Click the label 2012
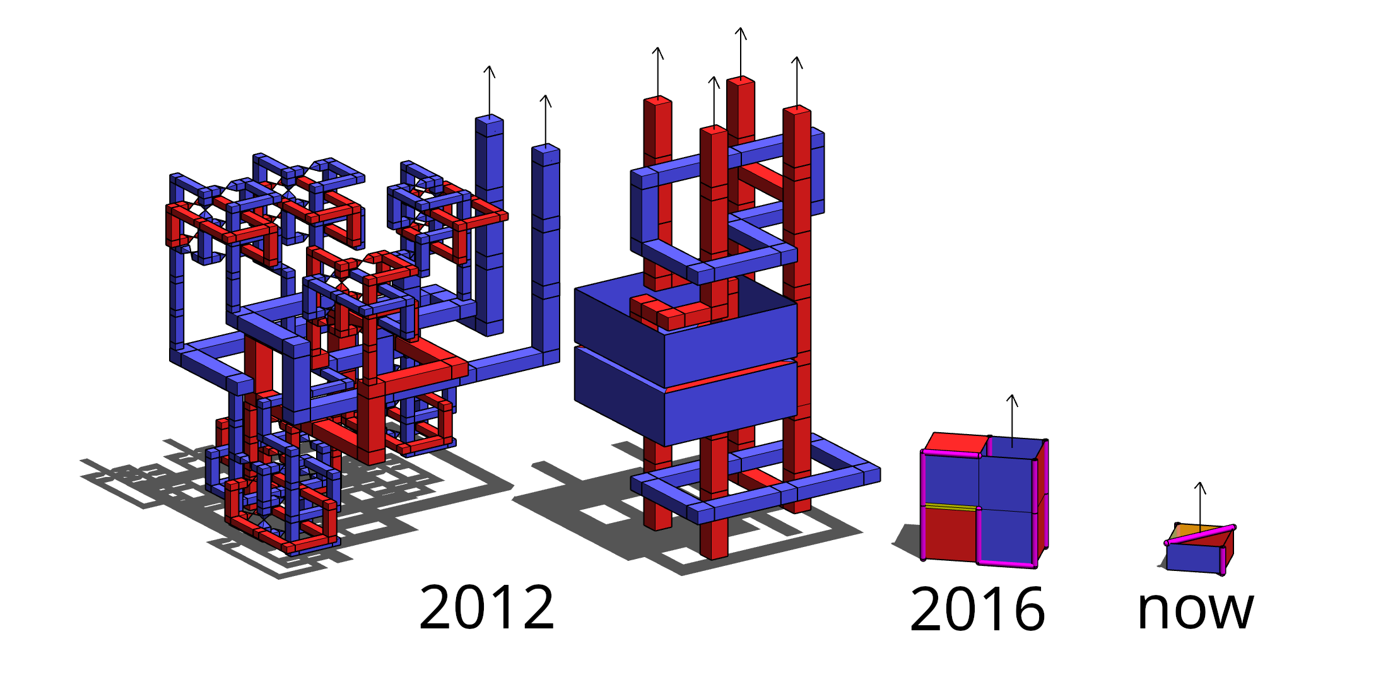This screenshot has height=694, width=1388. click(486, 607)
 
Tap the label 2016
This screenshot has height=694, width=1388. click(977, 609)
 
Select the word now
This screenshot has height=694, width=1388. click(1196, 610)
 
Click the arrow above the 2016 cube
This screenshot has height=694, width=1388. click(1012, 421)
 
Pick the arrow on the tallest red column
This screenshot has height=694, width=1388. click(741, 52)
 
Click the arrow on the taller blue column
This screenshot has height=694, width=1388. click(490, 90)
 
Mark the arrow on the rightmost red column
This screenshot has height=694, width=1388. click(797, 82)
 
